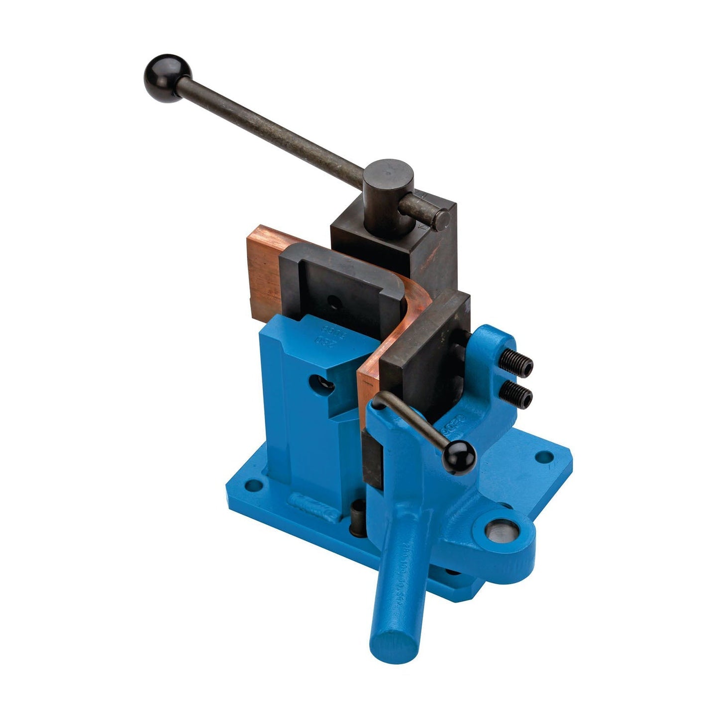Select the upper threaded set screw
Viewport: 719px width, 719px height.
point(517,365)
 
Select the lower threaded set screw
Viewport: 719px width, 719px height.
point(516,395)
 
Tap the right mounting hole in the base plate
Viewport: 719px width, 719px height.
point(545,456)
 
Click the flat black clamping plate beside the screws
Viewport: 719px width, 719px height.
point(428,348)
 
